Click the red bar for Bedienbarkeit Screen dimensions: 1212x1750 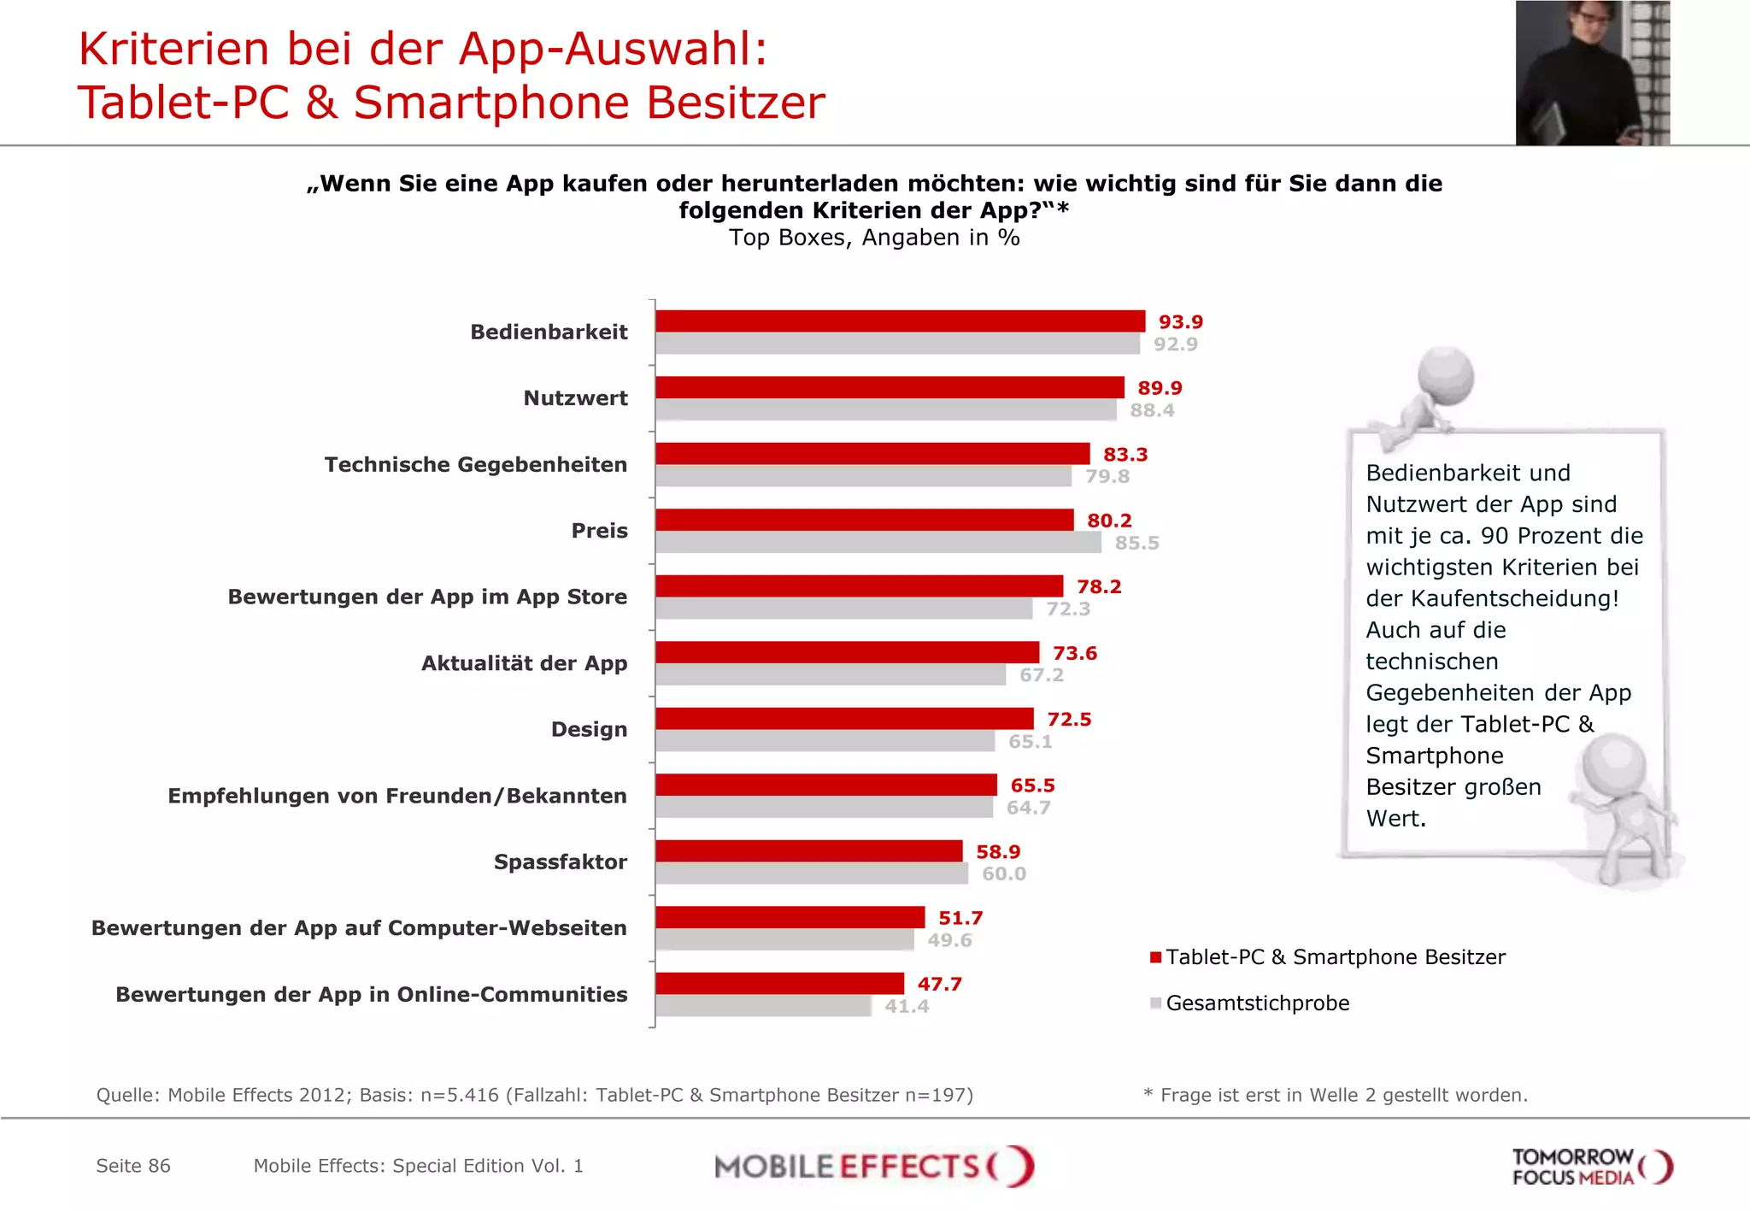pyautogui.click(x=900, y=321)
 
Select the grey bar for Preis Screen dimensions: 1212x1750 pyautogui.click(x=878, y=543)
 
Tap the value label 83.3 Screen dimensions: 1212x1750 pyautogui.click(x=1125, y=455)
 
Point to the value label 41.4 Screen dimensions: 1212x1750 pyautogui.click(x=907, y=1007)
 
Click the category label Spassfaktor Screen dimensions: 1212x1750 pyautogui.click(x=560, y=862)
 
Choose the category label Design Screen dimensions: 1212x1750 pyautogui.click(x=589, y=729)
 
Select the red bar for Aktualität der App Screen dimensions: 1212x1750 pyautogui.click(x=847, y=653)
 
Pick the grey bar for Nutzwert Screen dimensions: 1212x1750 pyautogui.click(x=885, y=410)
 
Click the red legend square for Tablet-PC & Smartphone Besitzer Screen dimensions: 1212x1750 pyautogui.click(x=1155, y=957)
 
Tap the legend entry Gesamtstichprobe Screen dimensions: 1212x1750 pyautogui.click(x=1257, y=1003)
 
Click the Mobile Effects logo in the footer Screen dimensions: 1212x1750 pyautogui.click(x=874, y=1167)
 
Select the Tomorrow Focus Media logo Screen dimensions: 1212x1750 pyautogui.click(x=1591, y=1168)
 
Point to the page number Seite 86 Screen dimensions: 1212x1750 pyautogui.click(x=133, y=1166)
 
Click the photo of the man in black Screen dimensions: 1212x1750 pyautogui.click(x=1592, y=73)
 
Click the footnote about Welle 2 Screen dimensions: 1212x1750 pyautogui.click(x=1335, y=1095)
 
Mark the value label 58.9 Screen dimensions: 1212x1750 pyautogui.click(x=998, y=852)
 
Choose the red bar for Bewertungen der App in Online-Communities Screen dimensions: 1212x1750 pyautogui.click(x=779, y=984)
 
